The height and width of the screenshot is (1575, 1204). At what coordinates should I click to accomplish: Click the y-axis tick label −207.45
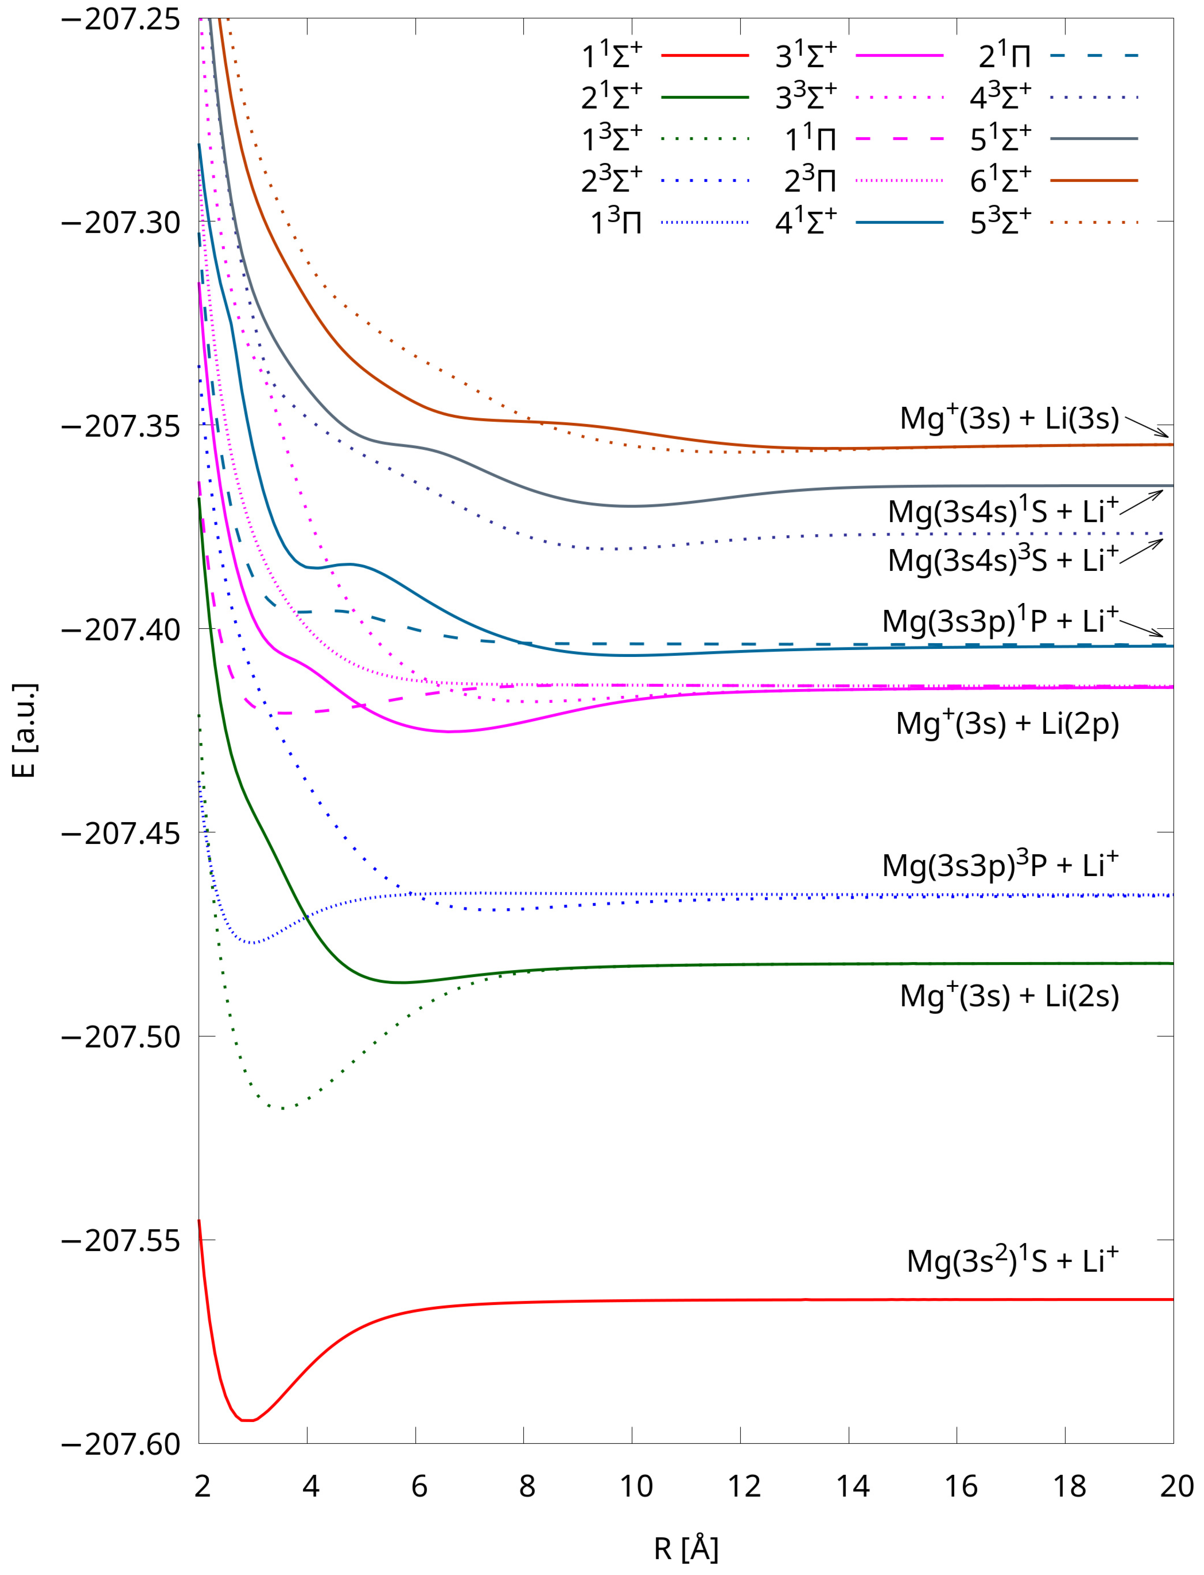tap(120, 833)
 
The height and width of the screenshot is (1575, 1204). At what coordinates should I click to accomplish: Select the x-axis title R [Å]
tap(686, 1548)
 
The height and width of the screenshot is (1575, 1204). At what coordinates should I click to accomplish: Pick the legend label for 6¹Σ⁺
tap(1001, 180)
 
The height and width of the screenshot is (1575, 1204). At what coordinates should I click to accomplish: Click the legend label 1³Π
tap(616, 223)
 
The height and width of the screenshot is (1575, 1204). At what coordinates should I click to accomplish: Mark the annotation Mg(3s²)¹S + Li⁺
tap(1012, 1261)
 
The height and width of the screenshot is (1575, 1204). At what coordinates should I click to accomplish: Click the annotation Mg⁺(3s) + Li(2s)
tap(1009, 996)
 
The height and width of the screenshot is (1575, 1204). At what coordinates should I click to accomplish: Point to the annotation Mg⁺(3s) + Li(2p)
tap(1007, 724)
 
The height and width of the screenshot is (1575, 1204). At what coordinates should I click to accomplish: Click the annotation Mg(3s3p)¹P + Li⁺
tap(1000, 621)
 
